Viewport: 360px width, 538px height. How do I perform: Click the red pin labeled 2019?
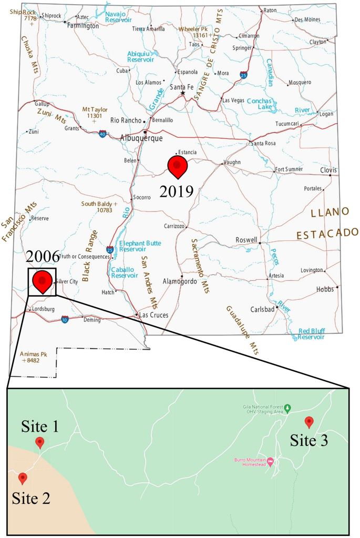(177, 166)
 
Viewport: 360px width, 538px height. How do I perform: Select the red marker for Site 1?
(39, 443)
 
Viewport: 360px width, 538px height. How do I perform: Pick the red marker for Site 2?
(23, 478)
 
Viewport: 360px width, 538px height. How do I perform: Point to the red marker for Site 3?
(310, 421)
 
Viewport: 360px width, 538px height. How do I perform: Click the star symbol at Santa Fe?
(183, 93)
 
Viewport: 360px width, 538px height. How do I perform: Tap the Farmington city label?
(83, 25)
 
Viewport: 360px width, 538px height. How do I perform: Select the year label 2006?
(42, 257)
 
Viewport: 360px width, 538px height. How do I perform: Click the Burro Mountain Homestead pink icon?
(271, 462)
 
